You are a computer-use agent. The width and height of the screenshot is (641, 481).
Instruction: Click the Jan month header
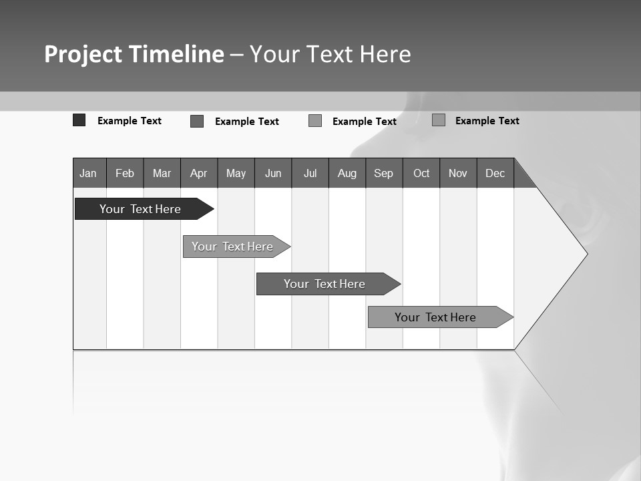click(x=89, y=173)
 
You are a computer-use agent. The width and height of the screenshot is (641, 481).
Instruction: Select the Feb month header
click(x=125, y=173)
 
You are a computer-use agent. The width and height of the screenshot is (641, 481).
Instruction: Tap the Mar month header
click(x=162, y=173)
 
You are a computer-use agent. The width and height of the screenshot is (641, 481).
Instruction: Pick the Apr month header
click(x=199, y=173)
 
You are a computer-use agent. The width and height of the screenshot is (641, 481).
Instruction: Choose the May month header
click(x=236, y=173)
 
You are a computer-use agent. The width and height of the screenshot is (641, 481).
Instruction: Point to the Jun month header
click(x=273, y=173)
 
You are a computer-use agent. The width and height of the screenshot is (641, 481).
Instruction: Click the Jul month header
click(x=310, y=173)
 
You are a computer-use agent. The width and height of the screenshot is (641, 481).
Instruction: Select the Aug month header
click(x=347, y=173)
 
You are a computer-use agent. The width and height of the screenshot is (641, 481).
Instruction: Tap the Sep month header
click(x=384, y=173)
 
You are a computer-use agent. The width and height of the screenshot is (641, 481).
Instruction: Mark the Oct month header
click(x=421, y=173)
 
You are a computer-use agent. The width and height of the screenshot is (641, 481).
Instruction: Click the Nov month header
click(x=458, y=173)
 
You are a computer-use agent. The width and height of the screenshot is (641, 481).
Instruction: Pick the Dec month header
click(x=495, y=173)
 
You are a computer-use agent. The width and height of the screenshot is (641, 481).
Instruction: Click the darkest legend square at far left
click(x=79, y=120)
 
